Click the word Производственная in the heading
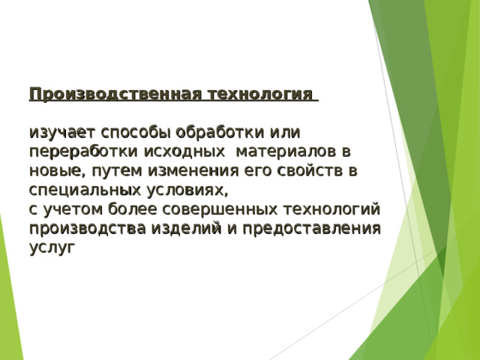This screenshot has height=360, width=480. pyautogui.click(x=115, y=95)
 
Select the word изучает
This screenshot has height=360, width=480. pyautogui.click(x=62, y=133)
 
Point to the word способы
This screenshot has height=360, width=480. pyautogui.click(x=133, y=133)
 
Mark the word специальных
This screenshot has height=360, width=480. pyautogui.click(x=82, y=189)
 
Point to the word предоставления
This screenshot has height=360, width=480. pyautogui.click(x=307, y=227)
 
